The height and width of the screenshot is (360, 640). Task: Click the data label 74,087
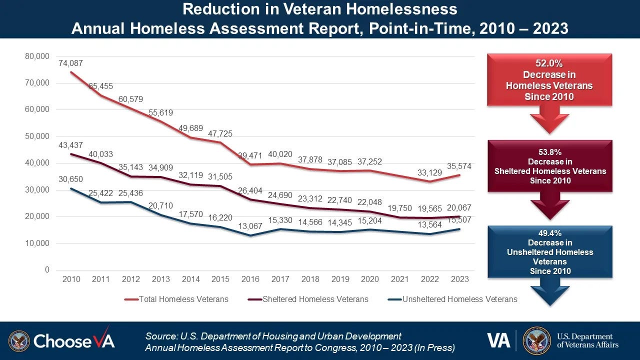coord(71,63)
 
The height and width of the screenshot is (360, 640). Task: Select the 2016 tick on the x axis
coord(250,279)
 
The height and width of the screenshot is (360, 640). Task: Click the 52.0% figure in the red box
coord(549,63)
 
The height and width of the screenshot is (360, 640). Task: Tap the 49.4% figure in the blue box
coord(549,233)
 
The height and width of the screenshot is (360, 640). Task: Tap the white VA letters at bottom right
coord(498,340)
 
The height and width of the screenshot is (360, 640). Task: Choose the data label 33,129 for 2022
coord(429,173)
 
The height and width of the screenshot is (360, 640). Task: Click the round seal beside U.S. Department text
coord(536,340)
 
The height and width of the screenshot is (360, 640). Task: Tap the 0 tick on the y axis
coord(47,270)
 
